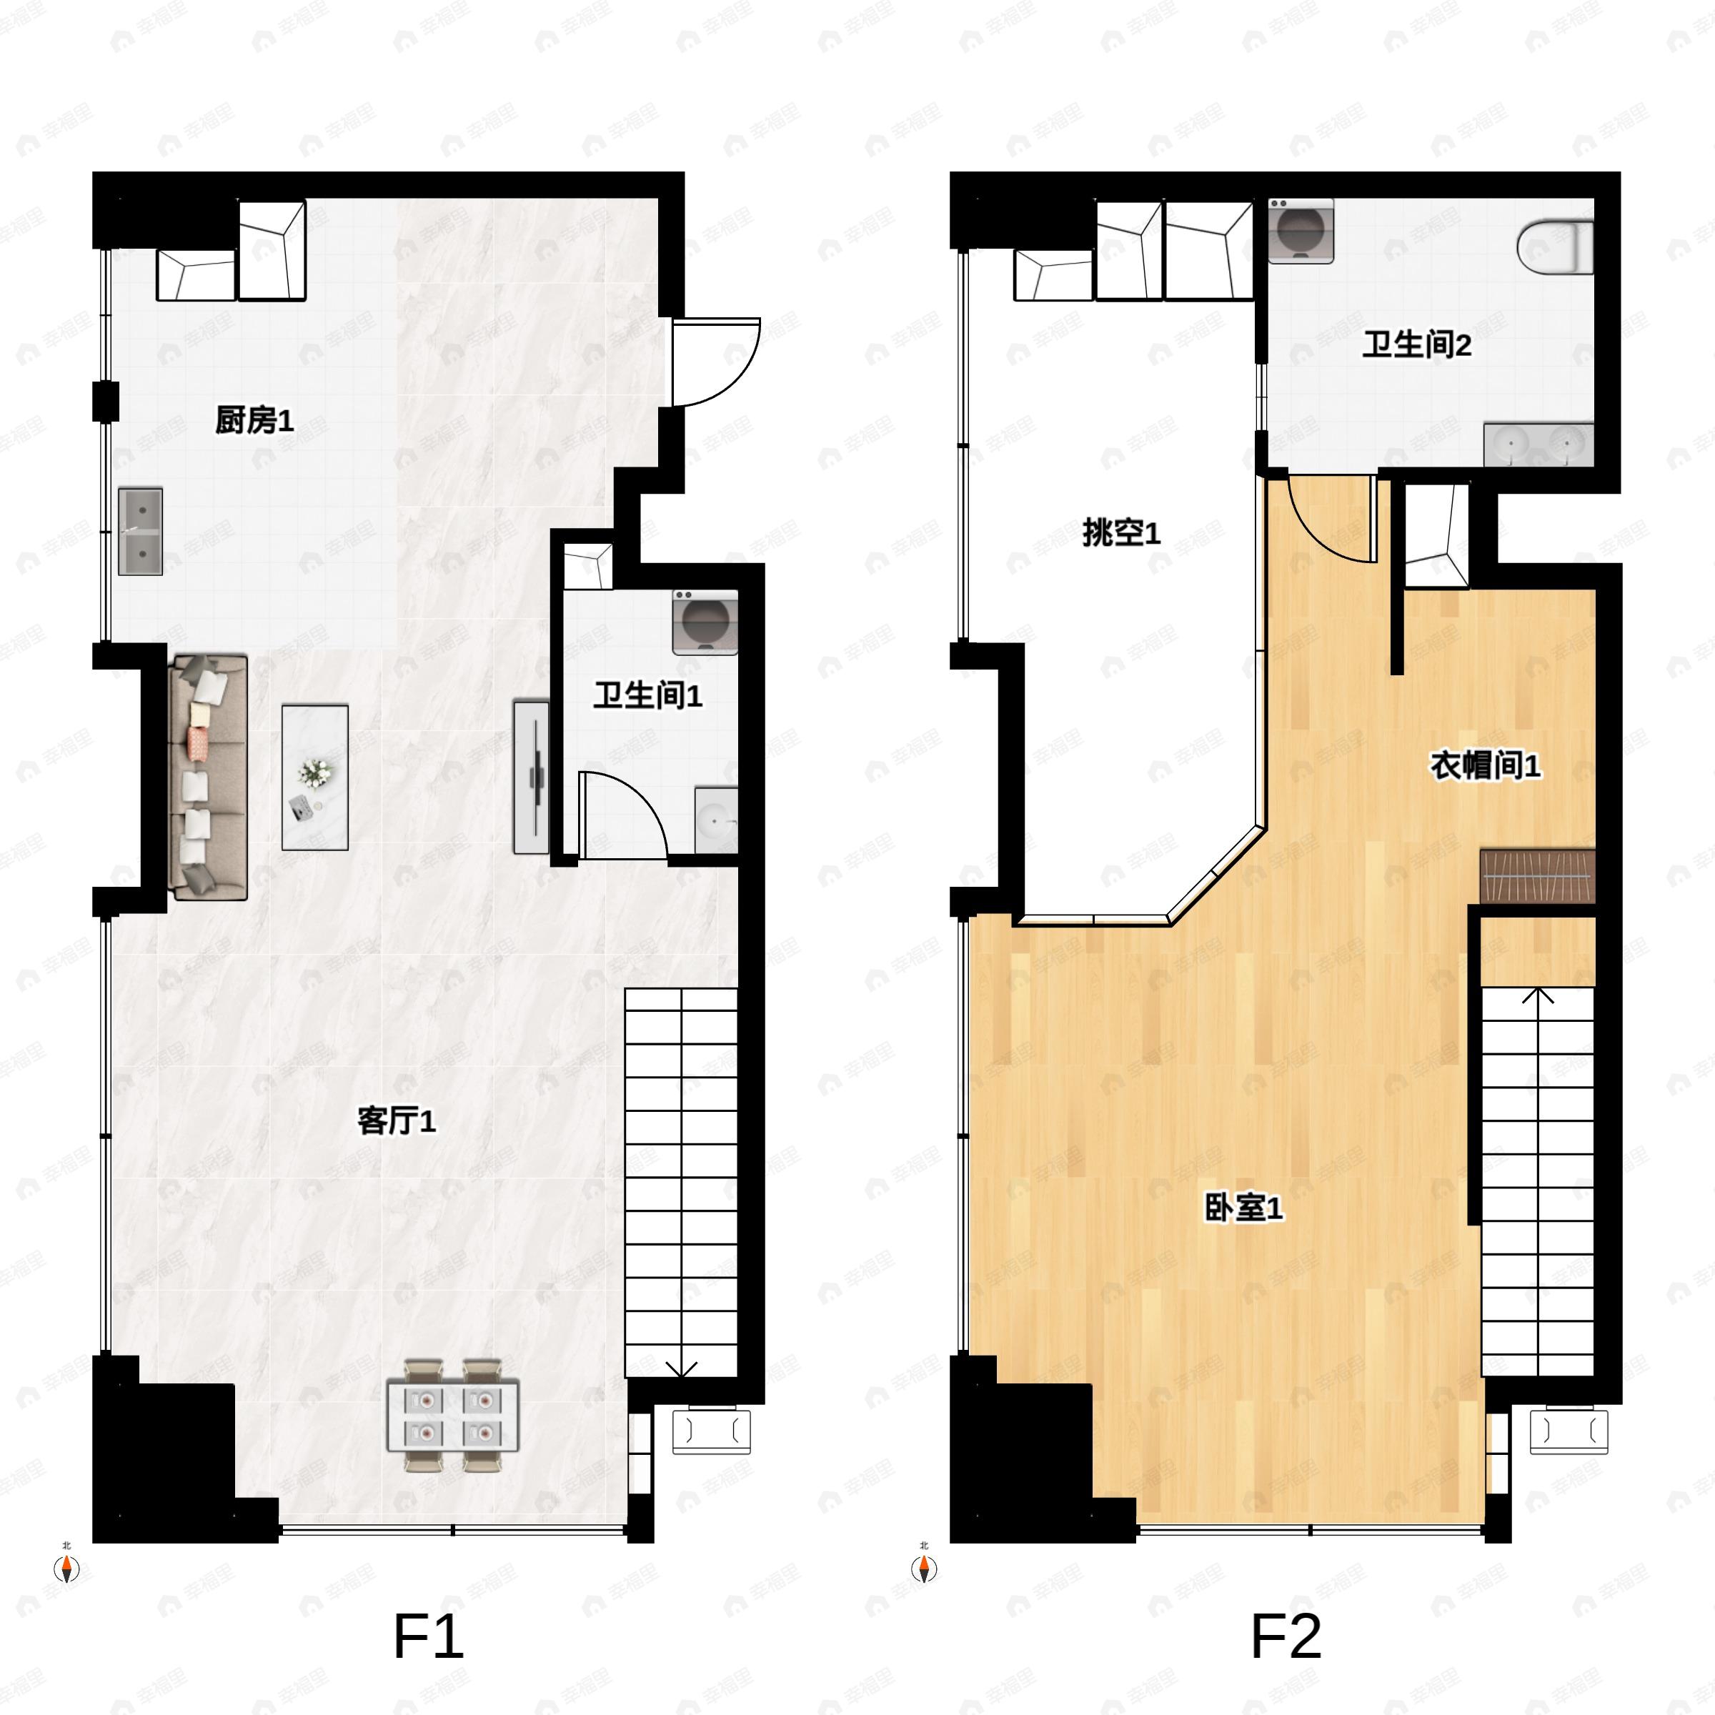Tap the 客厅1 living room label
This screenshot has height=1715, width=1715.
click(396, 1120)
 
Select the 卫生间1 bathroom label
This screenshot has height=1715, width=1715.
click(648, 695)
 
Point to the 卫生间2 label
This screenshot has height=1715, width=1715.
click(1417, 344)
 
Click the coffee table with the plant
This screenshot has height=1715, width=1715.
click(315, 777)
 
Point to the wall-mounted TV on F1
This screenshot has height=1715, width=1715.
click(532, 777)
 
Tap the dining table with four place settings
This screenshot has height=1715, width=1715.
click(453, 1415)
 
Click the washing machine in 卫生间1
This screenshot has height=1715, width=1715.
click(705, 622)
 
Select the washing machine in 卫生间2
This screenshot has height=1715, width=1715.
click(1301, 231)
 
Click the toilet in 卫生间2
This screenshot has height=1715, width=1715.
click(1555, 247)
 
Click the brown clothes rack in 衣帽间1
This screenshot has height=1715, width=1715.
click(1538, 876)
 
